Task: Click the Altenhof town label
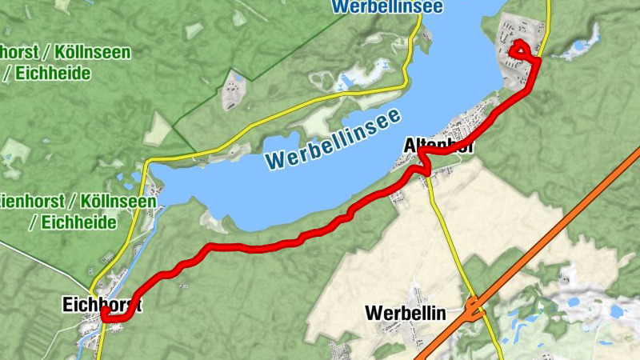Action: (x=439, y=146)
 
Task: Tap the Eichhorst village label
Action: (x=102, y=304)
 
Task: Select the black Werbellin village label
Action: (x=405, y=312)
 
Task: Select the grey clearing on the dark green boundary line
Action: (x=232, y=92)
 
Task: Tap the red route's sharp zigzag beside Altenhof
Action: (x=421, y=166)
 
